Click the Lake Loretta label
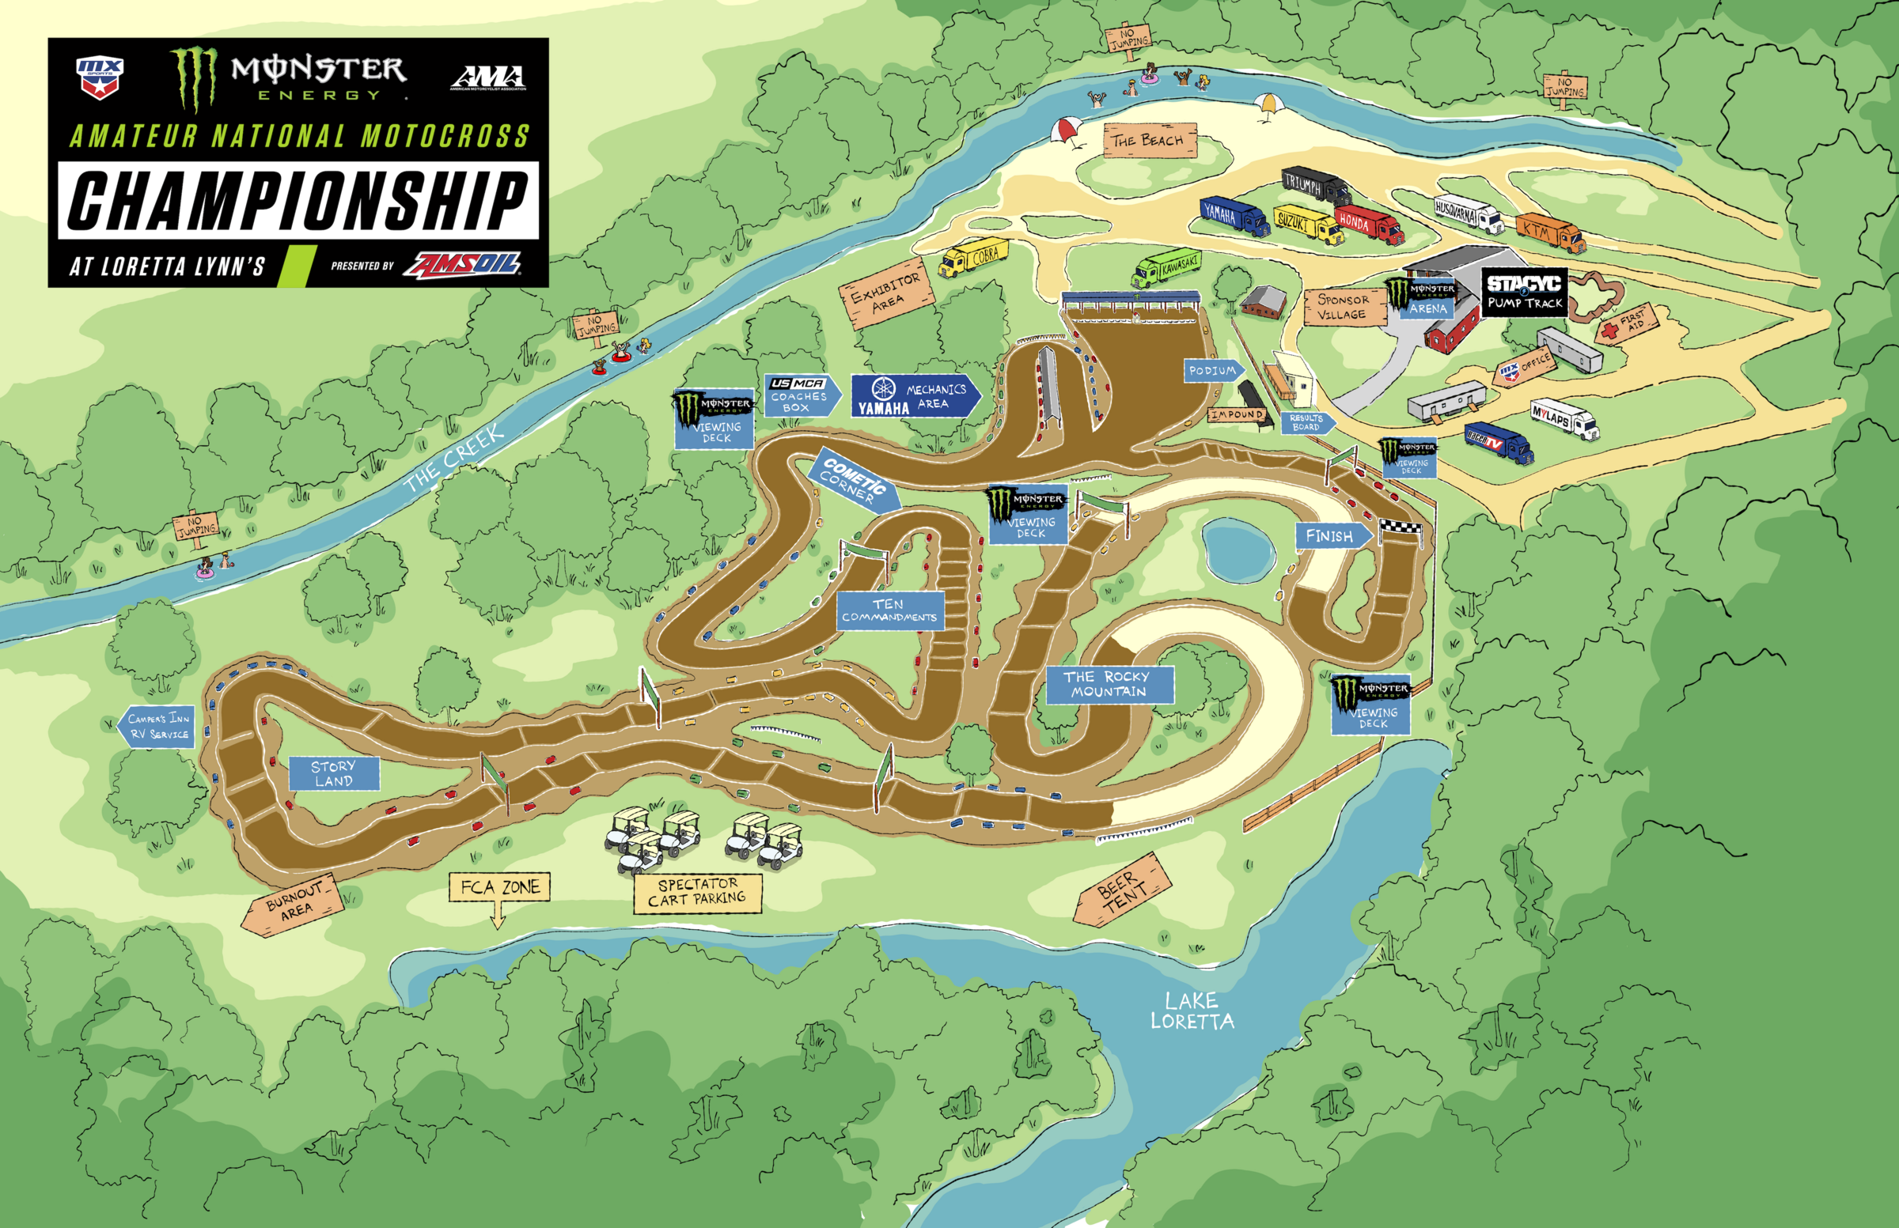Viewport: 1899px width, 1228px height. coord(1192,1011)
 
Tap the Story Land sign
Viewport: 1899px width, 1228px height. coord(334,773)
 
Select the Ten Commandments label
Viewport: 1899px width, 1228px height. coord(889,610)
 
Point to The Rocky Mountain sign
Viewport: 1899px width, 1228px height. coord(1109,684)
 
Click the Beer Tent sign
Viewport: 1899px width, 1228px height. coord(1123,889)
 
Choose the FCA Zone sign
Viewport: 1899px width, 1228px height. coord(499,886)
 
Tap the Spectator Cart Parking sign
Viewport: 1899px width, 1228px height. coord(697,892)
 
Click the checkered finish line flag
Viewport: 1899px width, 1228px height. coord(1400,527)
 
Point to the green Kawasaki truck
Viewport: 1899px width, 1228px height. coord(1166,268)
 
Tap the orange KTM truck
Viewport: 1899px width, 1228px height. coord(1548,231)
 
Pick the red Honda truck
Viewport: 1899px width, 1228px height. coord(1368,222)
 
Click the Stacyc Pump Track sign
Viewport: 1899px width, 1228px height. coord(1524,292)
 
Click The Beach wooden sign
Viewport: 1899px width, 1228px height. coord(1150,140)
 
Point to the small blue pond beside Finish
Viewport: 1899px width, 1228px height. coord(1238,551)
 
